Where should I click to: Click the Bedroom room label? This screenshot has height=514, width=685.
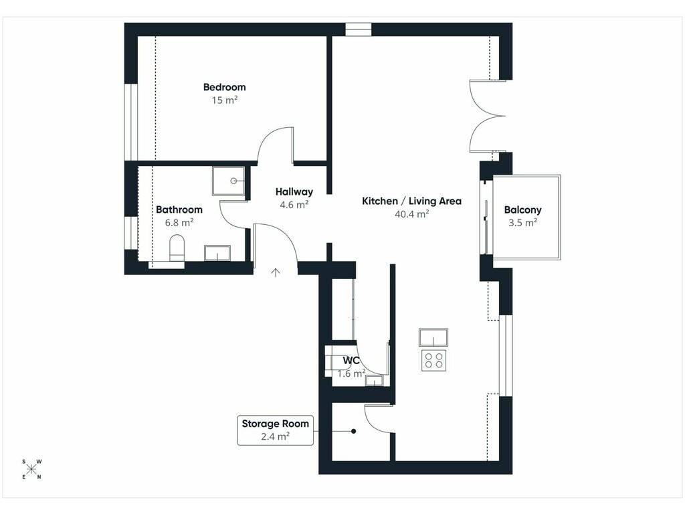pos(225,87)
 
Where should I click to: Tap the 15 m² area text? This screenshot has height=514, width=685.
pos(225,100)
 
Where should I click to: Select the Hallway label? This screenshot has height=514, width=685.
pos(294,192)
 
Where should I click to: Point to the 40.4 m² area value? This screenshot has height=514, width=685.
pos(411,214)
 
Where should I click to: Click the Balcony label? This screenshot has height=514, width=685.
pos(522,209)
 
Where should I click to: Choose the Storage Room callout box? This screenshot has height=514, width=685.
pos(275,430)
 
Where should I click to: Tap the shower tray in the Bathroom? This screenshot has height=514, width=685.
pos(229,181)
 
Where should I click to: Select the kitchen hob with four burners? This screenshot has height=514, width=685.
pos(433,360)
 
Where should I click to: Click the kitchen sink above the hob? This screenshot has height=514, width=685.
pos(433,337)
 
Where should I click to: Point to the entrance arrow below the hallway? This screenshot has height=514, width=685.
pos(275,273)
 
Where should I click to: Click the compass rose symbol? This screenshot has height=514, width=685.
pos(31,469)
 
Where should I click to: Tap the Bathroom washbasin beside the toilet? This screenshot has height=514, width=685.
pos(217,253)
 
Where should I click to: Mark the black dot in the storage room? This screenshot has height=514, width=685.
pos(353,432)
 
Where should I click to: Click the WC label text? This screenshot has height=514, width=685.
pos(351,361)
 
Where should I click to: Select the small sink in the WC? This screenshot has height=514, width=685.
pos(375,381)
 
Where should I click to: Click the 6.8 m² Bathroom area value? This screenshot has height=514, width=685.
pos(179,222)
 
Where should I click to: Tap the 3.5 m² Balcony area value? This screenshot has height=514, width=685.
pos(522,223)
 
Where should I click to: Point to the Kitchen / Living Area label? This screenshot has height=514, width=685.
pos(411,201)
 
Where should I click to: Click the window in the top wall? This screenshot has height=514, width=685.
pos(359,29)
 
